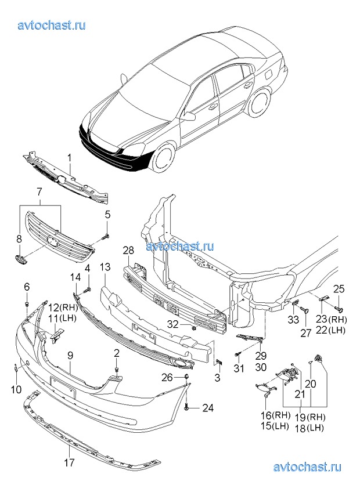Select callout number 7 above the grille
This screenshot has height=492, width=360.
point(39,191)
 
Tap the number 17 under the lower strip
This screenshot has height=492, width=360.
point(69,462)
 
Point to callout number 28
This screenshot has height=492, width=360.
point(128,251)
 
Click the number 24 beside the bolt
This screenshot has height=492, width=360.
point(207,408)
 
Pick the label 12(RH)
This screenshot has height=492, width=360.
point(62,307)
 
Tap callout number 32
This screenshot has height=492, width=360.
point(173,324)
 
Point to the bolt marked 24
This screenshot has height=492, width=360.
point(186,407)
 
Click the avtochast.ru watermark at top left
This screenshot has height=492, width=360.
point(52,25)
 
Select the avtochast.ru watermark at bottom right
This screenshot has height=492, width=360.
point(306,466)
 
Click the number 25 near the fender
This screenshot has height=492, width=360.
point(339,289)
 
